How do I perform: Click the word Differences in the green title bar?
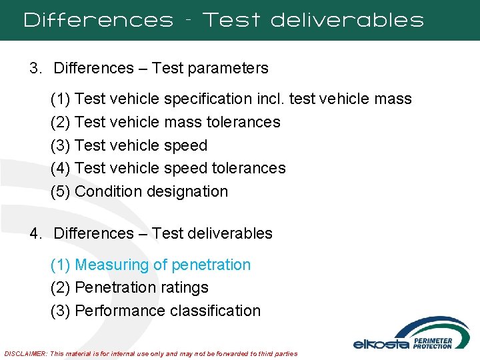coord(98,20)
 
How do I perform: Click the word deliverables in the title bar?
coord(347,20)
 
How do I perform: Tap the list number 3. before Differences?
coord(35,68)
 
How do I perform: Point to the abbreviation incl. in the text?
coord(272,99)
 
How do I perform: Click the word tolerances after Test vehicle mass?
coord(243,122)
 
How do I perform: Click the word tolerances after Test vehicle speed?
coord(248,168)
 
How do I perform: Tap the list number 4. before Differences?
coord(35,233)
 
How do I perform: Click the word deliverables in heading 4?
coord(230,233)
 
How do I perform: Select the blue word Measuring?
coord(112,265)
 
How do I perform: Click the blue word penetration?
coord(211,265)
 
